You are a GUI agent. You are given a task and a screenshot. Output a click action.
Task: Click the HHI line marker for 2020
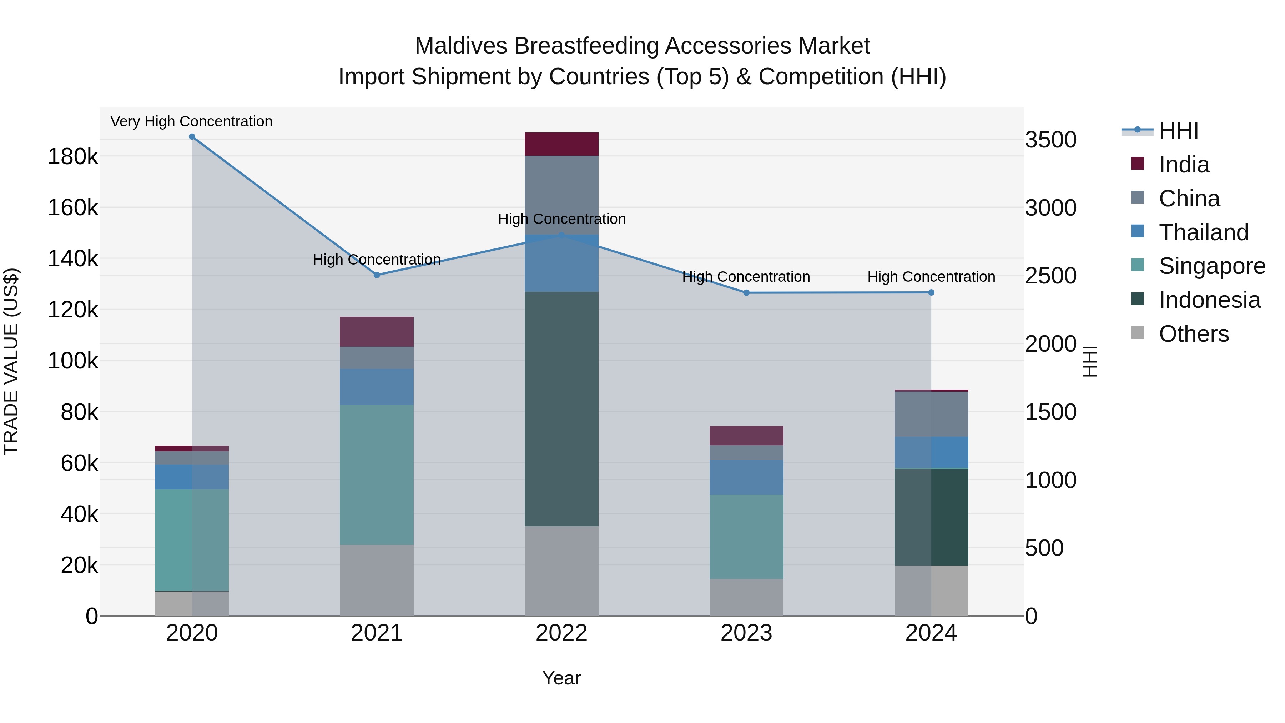click(x=192, y=137)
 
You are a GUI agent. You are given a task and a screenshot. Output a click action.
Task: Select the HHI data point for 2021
click(x=377, y=275)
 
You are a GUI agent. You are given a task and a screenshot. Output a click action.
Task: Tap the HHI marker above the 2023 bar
click(x=746, y=293)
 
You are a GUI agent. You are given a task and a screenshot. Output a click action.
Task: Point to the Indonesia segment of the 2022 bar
click(x=562, y=409)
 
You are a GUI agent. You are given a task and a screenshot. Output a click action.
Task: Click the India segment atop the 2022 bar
click(x=562, y=144)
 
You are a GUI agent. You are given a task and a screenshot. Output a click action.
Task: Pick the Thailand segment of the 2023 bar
click(x=746, y=477)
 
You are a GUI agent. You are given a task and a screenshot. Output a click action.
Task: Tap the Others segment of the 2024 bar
click(x=931, y=591)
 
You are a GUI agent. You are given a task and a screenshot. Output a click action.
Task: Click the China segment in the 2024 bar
click(x=931, y=414)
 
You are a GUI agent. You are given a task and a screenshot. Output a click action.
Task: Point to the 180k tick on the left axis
click(x=73, y=157)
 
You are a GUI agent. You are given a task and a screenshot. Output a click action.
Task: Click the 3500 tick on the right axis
click(x=1050, y=140)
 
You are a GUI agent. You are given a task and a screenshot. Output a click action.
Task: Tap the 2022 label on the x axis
click(x=562, y=633)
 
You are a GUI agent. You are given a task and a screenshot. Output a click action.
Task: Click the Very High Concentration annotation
click(x=192, y=122)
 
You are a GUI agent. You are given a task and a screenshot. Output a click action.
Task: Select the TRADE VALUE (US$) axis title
click(x=11, y=361)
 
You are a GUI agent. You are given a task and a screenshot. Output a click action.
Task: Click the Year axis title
click(x=562, y=678)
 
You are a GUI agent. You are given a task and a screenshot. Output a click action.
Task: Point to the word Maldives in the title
click(x=462, y=46)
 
